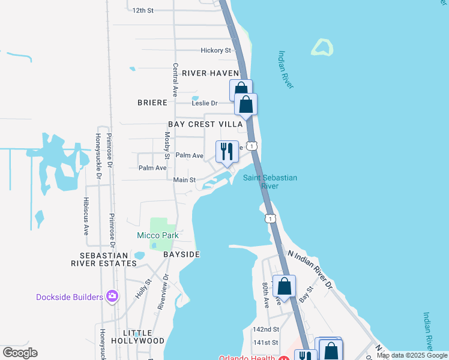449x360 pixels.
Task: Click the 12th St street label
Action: [x=143, y=10]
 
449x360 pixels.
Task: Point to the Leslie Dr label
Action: [x=203, y=103]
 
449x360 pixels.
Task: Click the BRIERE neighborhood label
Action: [x=152, y=103]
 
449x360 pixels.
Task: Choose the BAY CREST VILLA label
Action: [x=205, y=124]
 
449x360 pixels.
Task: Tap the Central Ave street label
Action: [x=175, y=80]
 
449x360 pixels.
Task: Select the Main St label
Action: [x=184, y=180]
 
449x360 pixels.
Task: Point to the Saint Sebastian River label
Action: [x=270, y=182]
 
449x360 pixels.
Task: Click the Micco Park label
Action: [x=158, y=236]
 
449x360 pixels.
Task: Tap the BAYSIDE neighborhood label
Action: [x=181, y=254]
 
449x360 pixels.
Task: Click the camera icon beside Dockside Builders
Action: [x=112, y=296]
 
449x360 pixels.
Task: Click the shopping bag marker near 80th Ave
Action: [x=284, y=286]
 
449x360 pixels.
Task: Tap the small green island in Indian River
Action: [x=322, y=48]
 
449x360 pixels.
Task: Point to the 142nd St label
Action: [x=266, y=329]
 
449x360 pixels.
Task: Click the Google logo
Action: [x=20, y=353]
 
